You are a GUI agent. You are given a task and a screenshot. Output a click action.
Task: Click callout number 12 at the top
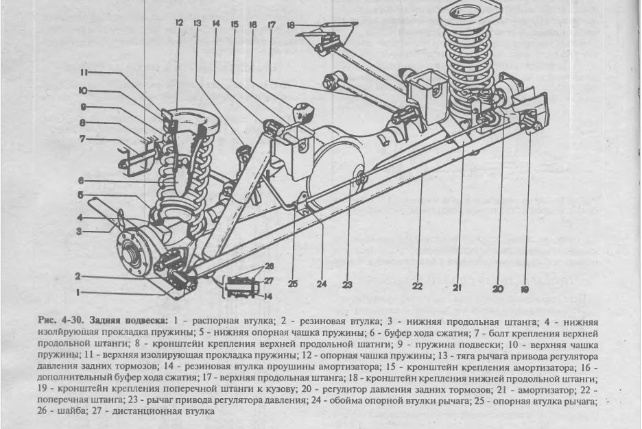pos(178,23)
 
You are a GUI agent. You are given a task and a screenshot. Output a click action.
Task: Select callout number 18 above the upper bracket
pos(291,25)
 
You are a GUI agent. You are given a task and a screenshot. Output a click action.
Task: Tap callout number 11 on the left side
pos(82,72)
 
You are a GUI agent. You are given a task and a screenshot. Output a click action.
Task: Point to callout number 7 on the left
pos(82,138)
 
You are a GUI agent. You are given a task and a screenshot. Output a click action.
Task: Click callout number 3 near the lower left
pos(80,232)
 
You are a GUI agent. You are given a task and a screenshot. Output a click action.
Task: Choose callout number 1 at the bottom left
pos(79,293)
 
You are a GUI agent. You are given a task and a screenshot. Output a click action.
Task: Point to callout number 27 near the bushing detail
pos(268,280)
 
